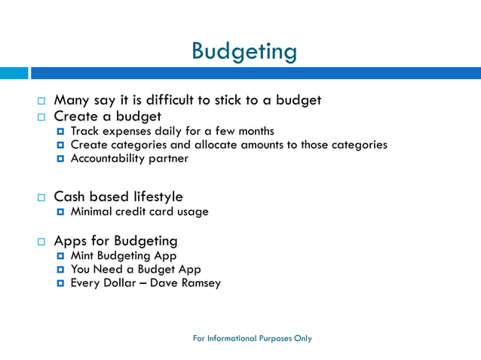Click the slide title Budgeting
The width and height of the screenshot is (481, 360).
(244, 51)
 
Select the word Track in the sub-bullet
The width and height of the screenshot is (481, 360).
(85, 131)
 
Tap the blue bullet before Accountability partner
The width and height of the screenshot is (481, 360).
(60, 159)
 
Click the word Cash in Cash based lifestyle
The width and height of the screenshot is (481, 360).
(69, 197)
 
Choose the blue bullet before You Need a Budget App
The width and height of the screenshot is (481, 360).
(60, 270)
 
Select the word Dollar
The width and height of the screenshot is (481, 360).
(119, 283)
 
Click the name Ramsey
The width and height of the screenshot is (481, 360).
(200, 283)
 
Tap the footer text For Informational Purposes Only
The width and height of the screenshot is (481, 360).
(252, 338)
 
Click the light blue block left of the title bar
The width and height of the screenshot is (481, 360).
(14, 73)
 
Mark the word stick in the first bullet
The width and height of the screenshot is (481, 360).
(245, 99)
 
